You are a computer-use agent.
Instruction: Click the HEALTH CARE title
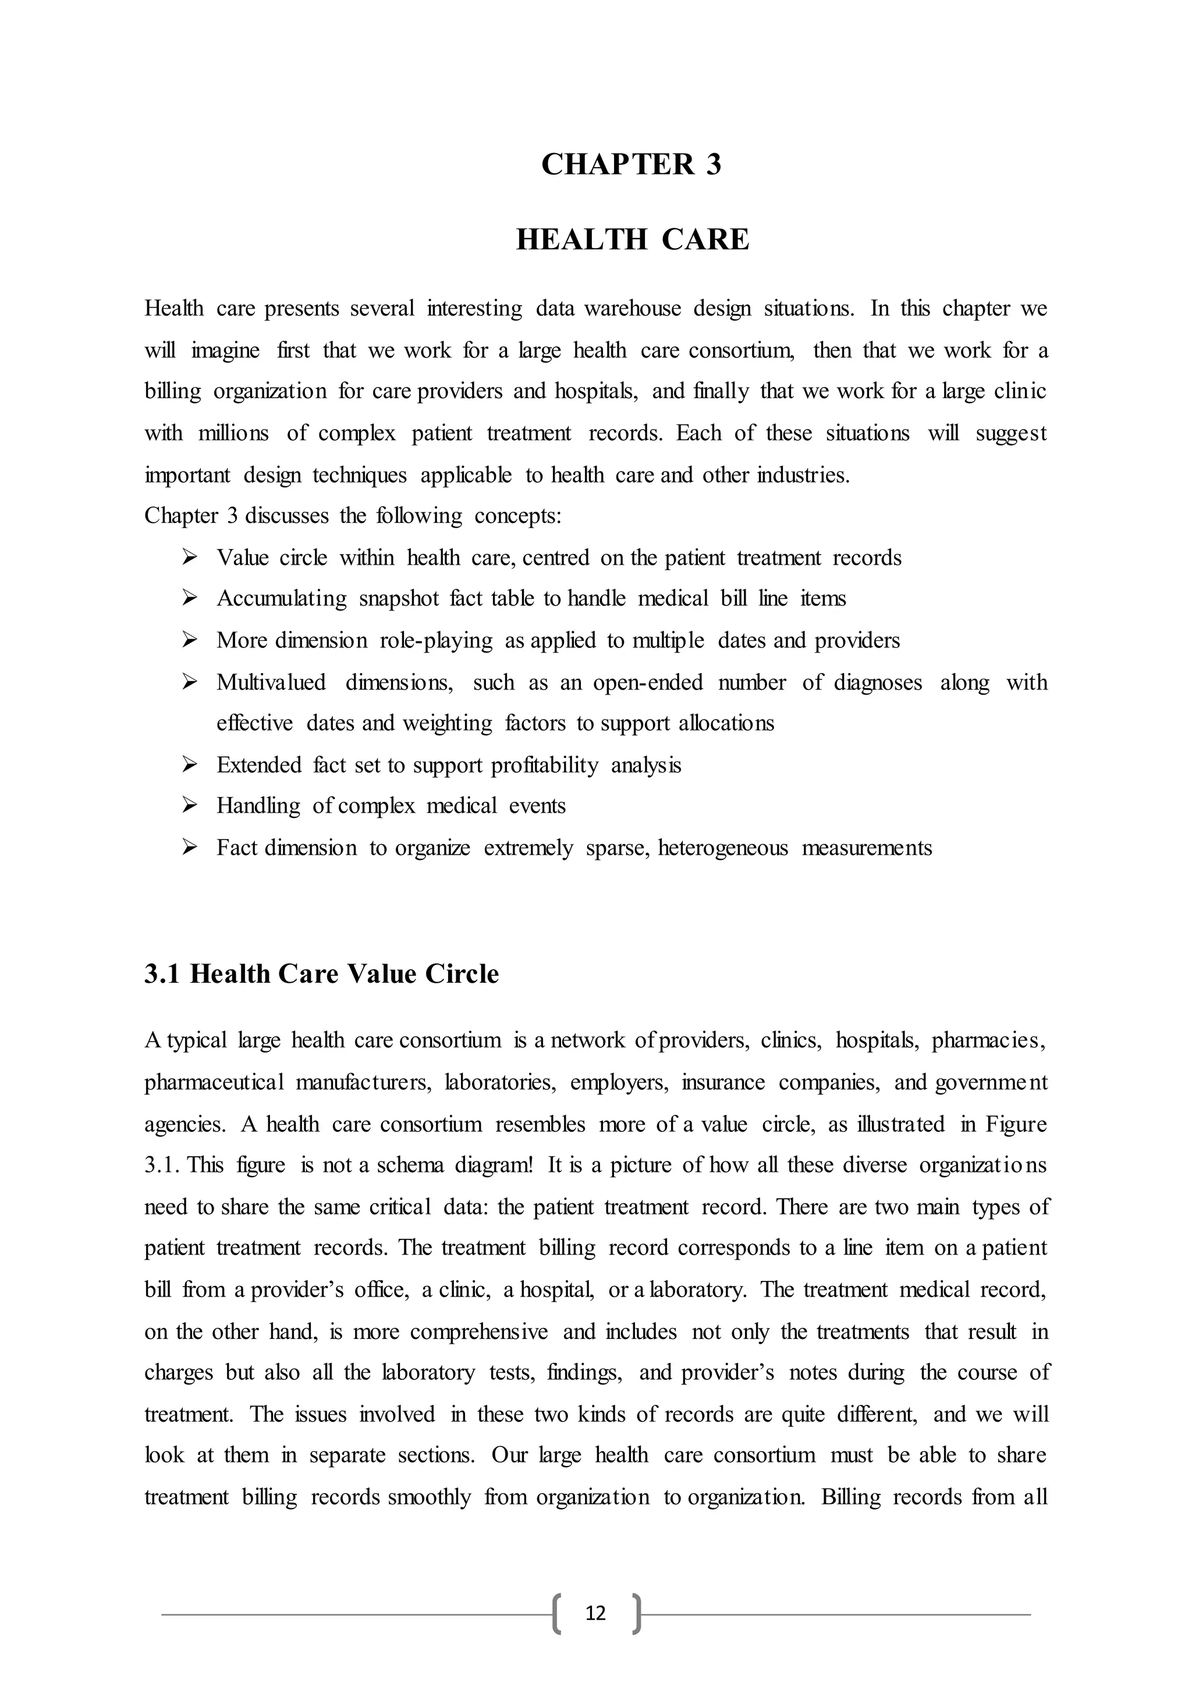(x=632, y=240)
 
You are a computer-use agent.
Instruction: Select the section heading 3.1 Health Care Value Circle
(x=321, y=975)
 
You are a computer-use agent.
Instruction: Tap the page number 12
(x=595, y=1613)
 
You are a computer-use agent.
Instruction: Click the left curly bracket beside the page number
(x=557, y=1613)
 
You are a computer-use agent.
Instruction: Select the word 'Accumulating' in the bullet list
(x=281, y=599)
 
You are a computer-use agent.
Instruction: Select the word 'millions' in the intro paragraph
(x=233, y=434)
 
